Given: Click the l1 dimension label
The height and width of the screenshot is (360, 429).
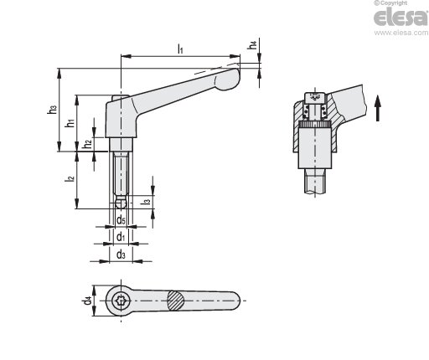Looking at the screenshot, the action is (x=180, y=49).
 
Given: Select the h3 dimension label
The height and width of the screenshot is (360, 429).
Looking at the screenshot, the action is (x=52, y=109).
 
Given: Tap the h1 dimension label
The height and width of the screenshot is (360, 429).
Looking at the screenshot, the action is (x=70, y=122).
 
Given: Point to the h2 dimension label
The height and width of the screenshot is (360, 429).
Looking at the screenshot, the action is (x=87, y=144).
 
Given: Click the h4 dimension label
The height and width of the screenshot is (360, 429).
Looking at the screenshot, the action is (x=252, y=45).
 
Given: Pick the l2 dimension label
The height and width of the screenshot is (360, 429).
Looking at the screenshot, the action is (x=70, y=177).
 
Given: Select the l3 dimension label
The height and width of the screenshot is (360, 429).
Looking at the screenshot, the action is (x=146, y=200).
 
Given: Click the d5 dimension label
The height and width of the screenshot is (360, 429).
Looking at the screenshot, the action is (x=121, y=220).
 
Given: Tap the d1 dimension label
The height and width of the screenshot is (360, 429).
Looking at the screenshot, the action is (x=121, y=237).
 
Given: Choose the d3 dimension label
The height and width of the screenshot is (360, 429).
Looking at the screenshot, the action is (x=121, y=255).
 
